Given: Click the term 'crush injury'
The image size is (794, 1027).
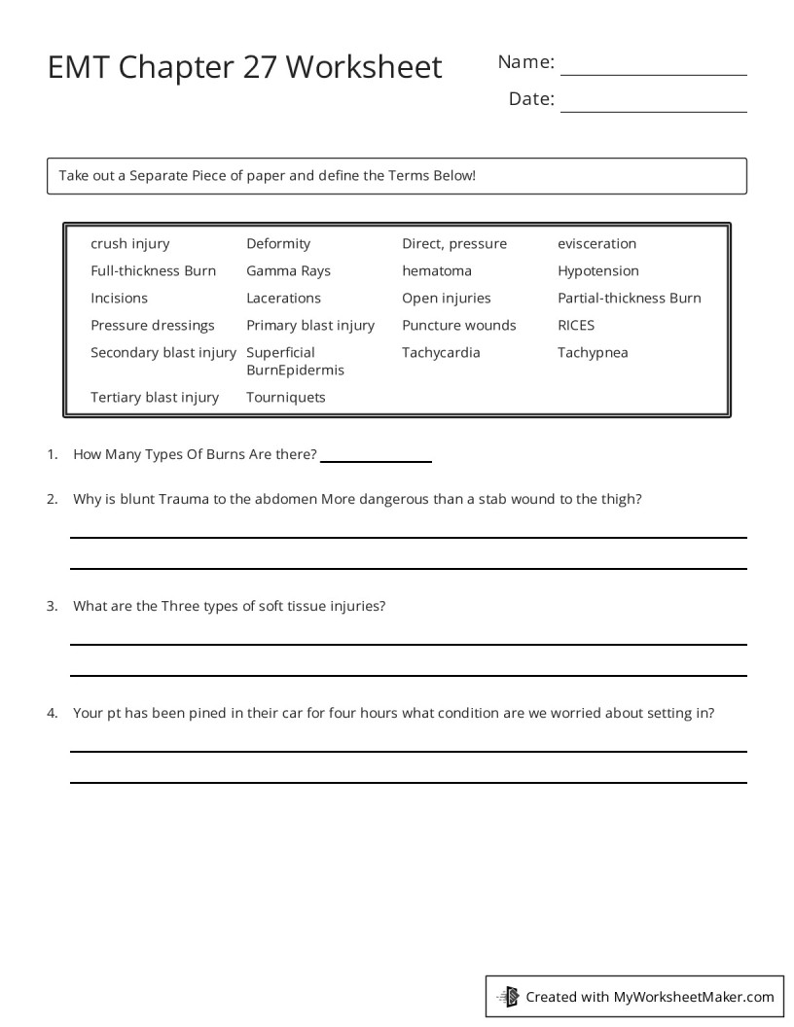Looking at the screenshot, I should [129, 244].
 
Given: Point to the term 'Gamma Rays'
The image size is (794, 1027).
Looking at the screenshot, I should [288, 271].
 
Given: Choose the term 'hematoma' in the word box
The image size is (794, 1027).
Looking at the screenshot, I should [436, 271].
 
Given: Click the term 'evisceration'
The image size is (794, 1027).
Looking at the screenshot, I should [596, 244].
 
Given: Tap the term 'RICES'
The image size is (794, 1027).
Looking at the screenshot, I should [576, 326].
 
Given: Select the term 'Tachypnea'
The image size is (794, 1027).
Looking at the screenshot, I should [593, 353].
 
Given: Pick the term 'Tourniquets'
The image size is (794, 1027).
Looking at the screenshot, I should [286, 398].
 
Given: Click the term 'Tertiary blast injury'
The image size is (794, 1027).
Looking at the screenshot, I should [155, 398].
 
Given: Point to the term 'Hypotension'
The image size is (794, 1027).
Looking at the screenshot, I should [598, 271].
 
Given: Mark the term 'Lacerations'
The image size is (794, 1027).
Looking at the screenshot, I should [283, 299].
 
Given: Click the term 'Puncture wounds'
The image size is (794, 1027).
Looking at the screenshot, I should [459, 326].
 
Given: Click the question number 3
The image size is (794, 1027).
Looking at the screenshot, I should [52, 606].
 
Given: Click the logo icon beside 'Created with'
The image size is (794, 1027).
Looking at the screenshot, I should [508, 996].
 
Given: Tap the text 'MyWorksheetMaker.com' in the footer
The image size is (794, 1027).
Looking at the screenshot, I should [694, 997].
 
